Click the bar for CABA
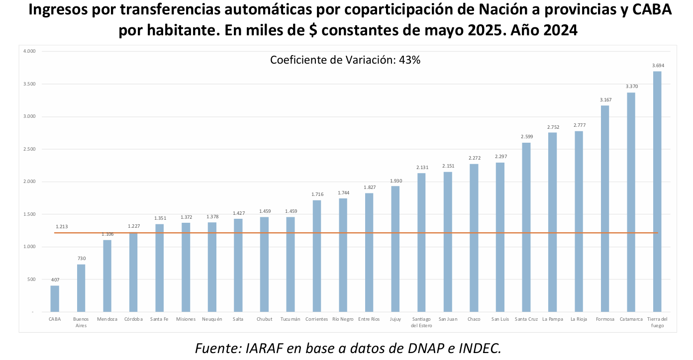[x=55, y=298]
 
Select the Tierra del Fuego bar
[x=657, y=191]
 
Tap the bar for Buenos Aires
[x=81, y=288]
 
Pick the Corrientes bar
[x=317, y=256]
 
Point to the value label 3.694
[x=658, y=66]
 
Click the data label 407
[x=55, y=280]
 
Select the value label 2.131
[x=421, y=168]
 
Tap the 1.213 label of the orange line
[x=63, y=226]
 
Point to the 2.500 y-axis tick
[x=30, y=149]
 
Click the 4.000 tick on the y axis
[x=30, y=51]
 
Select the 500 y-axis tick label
[x=31, y=279]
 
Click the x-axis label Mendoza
[x=107, y=319]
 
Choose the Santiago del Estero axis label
[x=421, y=322]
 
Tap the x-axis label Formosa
[x=605, y=319]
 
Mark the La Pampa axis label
[x=552, y=319]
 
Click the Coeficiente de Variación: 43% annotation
[x=345, y=60]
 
